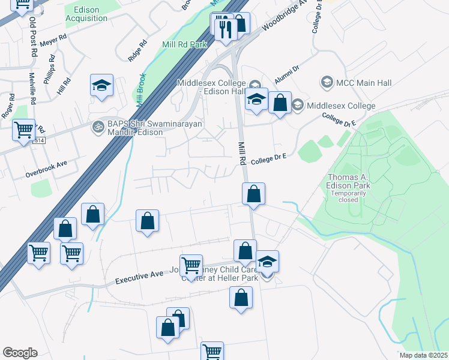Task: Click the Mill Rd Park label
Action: tap(184, 44)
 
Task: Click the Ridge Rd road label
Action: tap(137, 51)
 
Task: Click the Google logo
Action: tap(20, 353)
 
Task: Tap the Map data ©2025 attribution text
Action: tap(423, 355)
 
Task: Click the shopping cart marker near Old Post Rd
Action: tap(23, 130)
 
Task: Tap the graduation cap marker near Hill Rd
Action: tap(101, 86)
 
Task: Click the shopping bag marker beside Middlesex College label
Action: tap(280, 103)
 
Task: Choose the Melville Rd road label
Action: tap(33, 96)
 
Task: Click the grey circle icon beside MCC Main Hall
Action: tap(327, 81)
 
